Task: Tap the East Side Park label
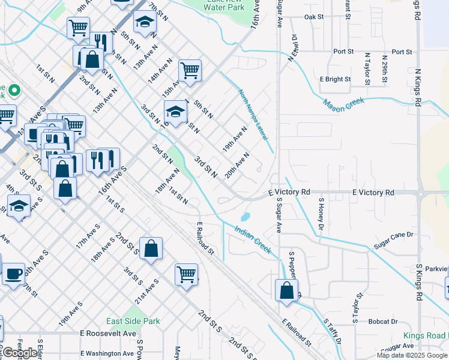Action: (x=133, y=321)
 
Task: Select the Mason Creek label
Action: (x=344, y=103)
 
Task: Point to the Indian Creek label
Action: (x=253, y=239)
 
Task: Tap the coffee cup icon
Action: (x=13, y=274)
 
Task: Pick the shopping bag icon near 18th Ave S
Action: (x=151, y=248)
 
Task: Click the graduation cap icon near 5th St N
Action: (x=175, y=112)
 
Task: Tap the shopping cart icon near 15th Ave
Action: (x=190, y=70)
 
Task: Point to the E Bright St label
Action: (x=335, y=79)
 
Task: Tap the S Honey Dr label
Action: (x=321, y=214)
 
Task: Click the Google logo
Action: (x=20, y=353)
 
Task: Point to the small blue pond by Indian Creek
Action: (x=244, y=217)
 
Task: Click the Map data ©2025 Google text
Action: (x=412, y=355)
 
